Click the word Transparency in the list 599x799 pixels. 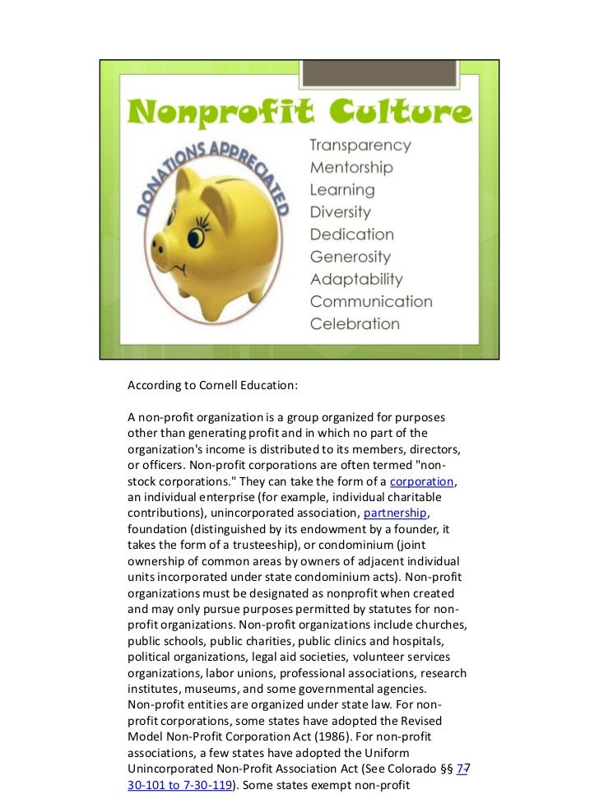pyautogui.click(x=360, y=145)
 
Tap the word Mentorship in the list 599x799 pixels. pyautogui.click(x=351, y=167)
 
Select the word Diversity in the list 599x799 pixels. pyautogui.click(x=340, y=212)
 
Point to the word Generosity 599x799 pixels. pyautogui.click(x=350, y=257)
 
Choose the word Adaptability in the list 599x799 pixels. pyautogui.click(x=356, y=280)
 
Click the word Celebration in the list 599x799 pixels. pyautogui.click(x=355, y=324)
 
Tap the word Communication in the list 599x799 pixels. pyautogui.click(x=370, y=302)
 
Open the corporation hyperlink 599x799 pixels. pyautogui.click(x=421, y=481)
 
